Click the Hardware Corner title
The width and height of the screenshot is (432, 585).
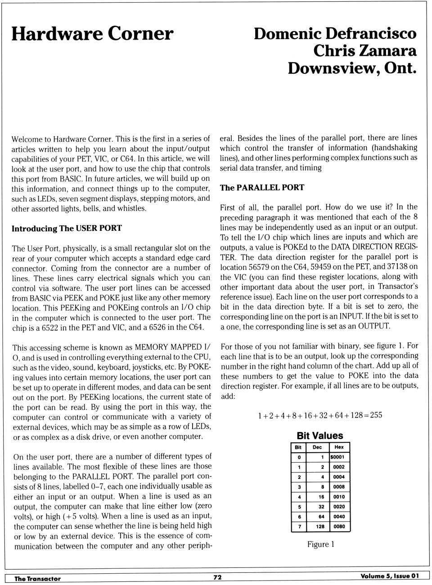pyautogui.click(x=92, y=34)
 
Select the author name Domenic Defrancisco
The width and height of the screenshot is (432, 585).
pyautogui.click(x=335, y=33)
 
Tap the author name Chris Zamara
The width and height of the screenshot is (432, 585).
pyautogui.click(x=365, y=50)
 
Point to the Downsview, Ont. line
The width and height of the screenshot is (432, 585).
pyautogui.click(x=352, y=68)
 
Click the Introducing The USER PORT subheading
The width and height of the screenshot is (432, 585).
pyautogui.click(x=67, y=228)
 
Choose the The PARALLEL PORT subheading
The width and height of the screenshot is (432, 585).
pyautogui.click(x=262, y=187)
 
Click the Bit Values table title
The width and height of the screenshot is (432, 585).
pyautogui.click(x=319, y=436)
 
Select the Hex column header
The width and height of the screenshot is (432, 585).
pyautogui.click(x=339, y=447)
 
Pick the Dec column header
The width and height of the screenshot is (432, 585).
pyautogui.click(x=317, y=447)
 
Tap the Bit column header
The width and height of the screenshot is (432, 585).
pyautogui.click(x=298, y=447)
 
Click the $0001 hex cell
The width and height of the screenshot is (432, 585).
pyautogui.click(x=337, y=457)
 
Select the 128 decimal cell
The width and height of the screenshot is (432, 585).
pyautogui.click(x=320, y=526)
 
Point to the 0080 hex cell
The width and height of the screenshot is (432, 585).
pyautogui.click(x=339, y=526)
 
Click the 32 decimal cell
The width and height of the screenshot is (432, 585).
pyautogui.click(x=321, y=506)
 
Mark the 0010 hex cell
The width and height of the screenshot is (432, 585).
pyautogui.click(x=339, y=497)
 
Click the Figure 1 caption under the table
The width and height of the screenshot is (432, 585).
pyautogui.click(x=320, y=544)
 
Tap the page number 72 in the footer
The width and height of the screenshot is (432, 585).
pyautogui.click(x=217, y=577)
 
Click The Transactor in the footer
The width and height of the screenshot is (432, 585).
pyautogui.click(x=37, y=579)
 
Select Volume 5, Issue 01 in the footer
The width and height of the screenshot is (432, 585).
pyautogui.click(x=389, y=576)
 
